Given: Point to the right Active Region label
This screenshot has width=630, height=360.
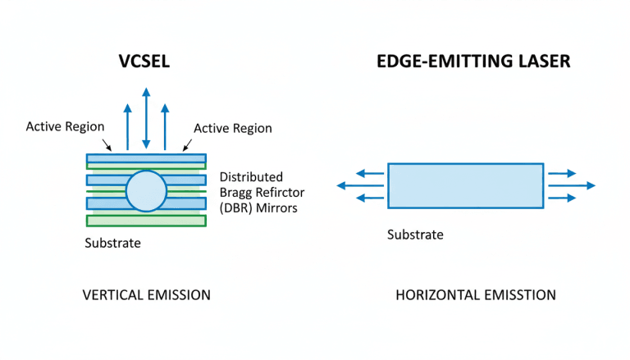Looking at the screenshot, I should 232,128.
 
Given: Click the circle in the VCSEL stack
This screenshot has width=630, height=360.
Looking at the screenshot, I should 146,191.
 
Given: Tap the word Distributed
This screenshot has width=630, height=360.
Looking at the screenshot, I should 251,176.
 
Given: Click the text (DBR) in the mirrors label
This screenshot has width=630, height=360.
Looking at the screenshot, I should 239,207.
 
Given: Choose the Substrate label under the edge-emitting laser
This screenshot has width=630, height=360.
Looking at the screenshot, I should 415,235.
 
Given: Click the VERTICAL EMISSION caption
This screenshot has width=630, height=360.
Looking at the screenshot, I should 146,294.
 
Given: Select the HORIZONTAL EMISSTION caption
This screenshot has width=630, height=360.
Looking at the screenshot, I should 476,294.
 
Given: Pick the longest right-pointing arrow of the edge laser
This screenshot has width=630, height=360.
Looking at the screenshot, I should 571,186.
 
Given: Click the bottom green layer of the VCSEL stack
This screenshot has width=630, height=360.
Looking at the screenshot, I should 146,220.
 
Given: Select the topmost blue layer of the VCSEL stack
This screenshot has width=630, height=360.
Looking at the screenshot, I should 146,158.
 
